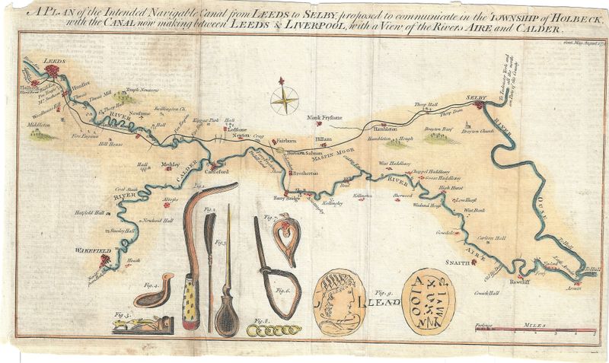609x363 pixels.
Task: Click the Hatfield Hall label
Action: (88, 212)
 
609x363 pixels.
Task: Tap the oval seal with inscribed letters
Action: (431, 301)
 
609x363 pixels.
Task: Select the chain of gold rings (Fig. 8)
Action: (274, 327)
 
